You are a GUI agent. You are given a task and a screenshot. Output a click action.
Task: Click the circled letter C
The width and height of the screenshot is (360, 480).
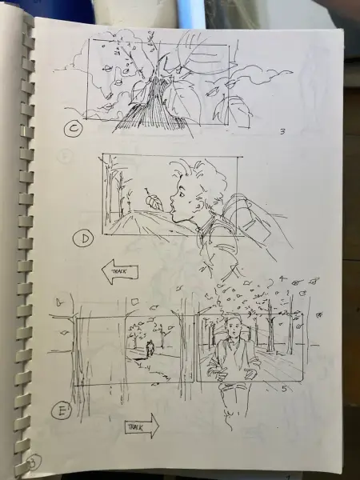73,128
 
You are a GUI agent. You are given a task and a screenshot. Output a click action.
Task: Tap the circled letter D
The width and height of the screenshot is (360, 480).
83,238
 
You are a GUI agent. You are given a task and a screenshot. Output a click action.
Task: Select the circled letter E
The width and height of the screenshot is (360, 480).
62,410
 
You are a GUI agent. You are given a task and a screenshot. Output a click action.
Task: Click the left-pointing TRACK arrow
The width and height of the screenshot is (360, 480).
120,271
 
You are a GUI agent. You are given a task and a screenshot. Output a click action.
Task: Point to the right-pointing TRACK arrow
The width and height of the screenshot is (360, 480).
142,426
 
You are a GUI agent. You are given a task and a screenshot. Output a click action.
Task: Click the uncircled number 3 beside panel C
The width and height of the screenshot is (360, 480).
282,132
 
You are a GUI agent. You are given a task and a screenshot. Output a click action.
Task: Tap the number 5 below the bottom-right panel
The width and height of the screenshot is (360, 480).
284,389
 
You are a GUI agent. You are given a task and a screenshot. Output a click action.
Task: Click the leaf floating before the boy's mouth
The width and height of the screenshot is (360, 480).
154,202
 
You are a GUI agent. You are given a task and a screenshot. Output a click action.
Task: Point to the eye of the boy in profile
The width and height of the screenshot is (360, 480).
182,194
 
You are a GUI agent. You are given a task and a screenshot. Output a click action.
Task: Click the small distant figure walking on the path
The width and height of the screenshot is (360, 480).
150,349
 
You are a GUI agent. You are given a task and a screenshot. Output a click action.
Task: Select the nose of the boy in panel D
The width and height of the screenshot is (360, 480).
172,202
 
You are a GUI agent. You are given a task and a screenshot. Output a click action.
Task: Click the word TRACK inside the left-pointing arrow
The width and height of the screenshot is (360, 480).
120,271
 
